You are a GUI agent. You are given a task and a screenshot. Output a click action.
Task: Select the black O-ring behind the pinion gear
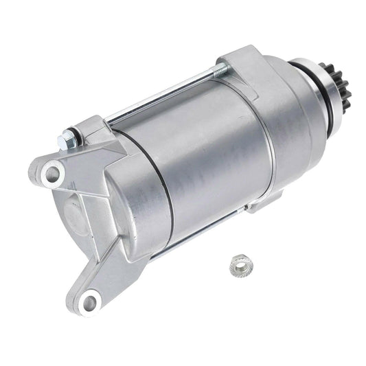click(x=300, y=69)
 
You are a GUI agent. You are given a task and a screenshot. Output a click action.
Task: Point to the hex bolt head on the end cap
click(x=67, y=140)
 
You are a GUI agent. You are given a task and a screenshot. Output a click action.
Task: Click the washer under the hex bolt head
click(x=73, y=137)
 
